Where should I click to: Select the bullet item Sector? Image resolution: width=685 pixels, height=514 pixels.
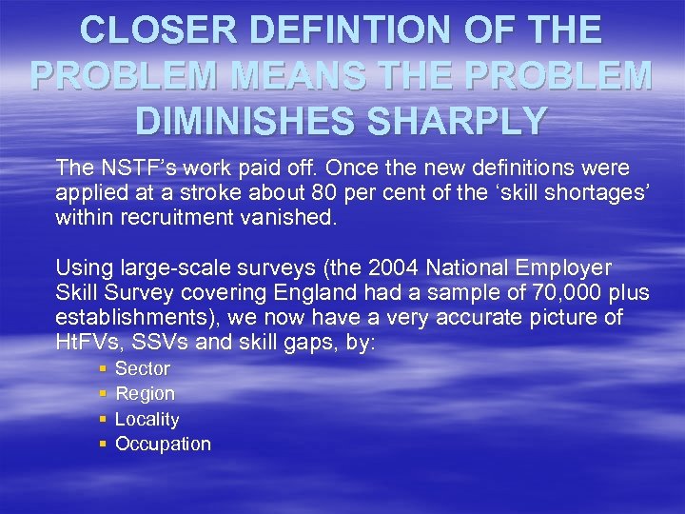(143, 368)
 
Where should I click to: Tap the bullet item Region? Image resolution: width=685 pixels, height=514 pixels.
(145, 393)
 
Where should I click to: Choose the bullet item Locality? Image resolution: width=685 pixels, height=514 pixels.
(147, 419)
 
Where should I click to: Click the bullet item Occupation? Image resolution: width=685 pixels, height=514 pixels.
(163, 444)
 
